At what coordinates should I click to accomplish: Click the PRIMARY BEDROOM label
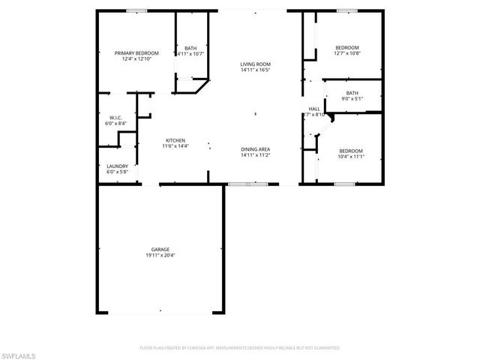tap(136, 52)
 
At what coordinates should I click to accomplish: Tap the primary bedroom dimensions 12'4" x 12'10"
tap(136, 59)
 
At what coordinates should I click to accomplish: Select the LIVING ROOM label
tap(255, 64)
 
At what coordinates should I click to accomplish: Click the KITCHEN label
tap(175, 139)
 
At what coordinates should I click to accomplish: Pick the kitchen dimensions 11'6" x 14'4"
tap(175, 146)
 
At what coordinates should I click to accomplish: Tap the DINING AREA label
tap(256, 149)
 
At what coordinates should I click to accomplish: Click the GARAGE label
tap(160, 249)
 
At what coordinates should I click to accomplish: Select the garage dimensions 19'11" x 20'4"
tap(160, 256)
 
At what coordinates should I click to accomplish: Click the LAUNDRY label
tap(117, 166)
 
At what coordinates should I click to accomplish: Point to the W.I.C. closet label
tap(115, 117)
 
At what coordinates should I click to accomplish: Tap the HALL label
tap(315, 109)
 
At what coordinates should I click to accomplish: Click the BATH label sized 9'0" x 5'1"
tap(352, 92)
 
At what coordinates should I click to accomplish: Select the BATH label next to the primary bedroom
tap(190, 47)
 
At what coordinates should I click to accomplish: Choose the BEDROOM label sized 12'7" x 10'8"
tap(347, 46)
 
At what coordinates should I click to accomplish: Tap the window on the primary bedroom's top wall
tap(136, 10)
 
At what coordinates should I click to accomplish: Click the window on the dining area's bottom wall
tap(240, 184)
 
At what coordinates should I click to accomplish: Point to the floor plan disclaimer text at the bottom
tap(240, 348)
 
